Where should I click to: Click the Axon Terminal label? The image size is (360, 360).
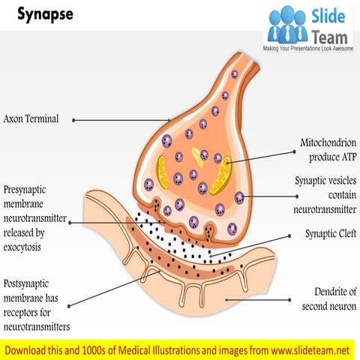click(x=31, y=118)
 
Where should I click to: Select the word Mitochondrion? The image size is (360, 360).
click(x=328, y=142)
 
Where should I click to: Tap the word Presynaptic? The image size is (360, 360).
click(x=28, y=190)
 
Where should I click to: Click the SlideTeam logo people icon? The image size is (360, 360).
click(x=286, y=24)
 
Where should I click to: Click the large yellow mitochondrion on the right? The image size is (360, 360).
click(x=222, y=175)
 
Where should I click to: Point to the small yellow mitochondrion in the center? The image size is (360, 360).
click(x=197, y=155)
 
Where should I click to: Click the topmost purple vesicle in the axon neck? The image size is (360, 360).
click(x=234, y=74)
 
